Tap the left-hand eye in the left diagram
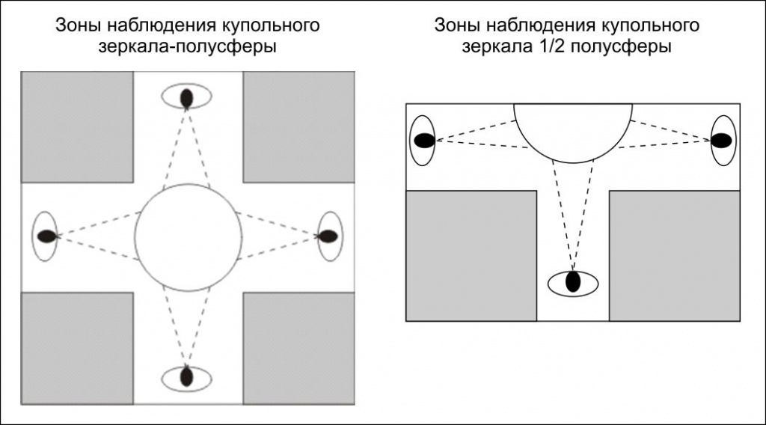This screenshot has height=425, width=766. tap(46, 236)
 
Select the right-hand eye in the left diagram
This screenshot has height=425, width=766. tap(328, 236)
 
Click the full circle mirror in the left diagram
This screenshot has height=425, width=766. tap(189, 237)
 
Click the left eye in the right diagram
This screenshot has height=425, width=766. tap(423, 141)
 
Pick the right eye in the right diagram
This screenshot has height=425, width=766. tap(723, 140)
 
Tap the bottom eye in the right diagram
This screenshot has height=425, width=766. tap(574, 282)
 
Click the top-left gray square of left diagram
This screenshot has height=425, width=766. tap(77, 126)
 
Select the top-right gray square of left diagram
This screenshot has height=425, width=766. tap(298, 126)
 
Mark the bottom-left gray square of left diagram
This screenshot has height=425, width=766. tap(77, 348)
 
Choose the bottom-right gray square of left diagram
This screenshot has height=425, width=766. tap(298, 348)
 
